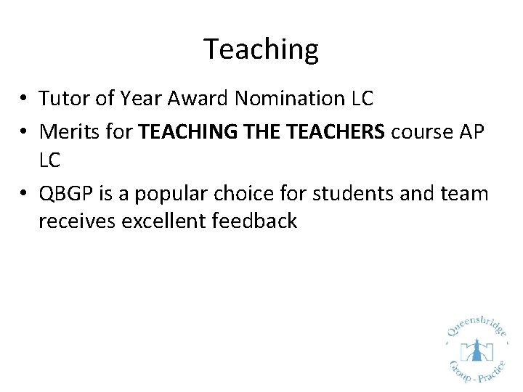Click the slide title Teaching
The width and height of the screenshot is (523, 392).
tap(261, 49)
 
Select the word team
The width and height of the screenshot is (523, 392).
tap(469, 193)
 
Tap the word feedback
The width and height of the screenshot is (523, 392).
tap(254, 221)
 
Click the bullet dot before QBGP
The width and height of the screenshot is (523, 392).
tap(25, 194)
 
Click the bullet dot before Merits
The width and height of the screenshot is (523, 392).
tap(25, 132)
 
